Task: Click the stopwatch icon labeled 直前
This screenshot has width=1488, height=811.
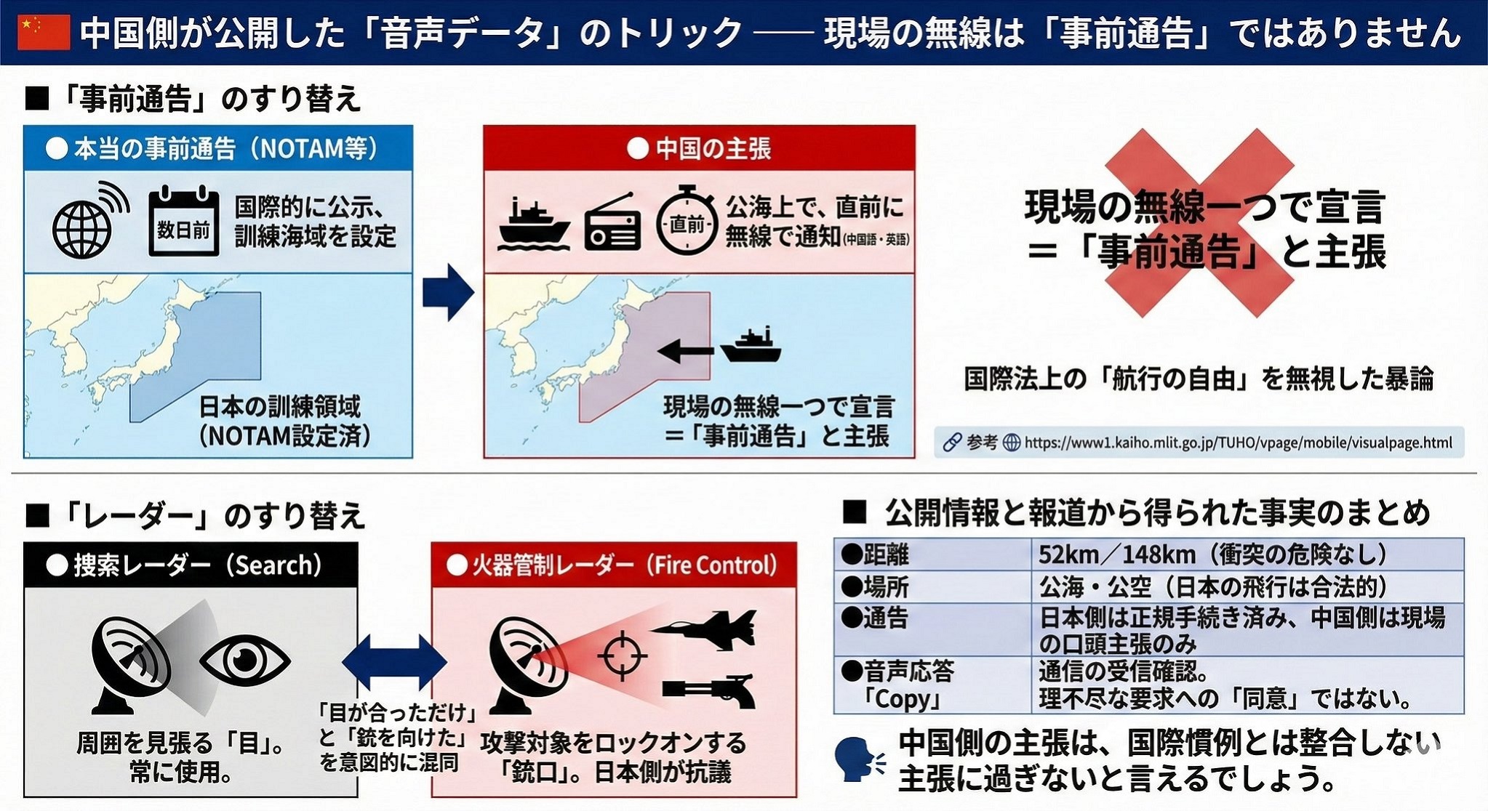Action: pos(686,222)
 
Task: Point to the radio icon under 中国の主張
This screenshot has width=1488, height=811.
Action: pos(612,224)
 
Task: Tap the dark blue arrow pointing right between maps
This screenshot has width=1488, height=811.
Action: pos(447,293)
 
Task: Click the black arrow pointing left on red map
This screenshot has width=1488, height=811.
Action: pos(684,352)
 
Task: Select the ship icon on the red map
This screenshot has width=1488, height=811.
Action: pos(751,345)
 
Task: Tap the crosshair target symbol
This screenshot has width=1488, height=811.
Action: pos(622,656)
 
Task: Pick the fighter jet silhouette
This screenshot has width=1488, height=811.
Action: pos(703,629)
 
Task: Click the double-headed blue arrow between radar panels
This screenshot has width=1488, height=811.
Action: pos(394,661)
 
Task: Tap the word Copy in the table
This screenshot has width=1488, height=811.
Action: pos(902,699)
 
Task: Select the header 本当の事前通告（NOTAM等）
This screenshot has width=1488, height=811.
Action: pos(218,149)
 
